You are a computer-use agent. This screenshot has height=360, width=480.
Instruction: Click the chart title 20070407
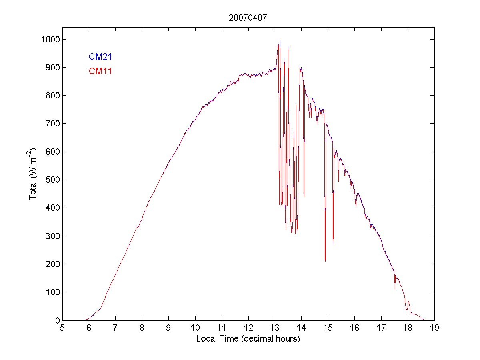coord(248,18)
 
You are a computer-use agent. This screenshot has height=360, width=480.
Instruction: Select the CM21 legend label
coord(100,56)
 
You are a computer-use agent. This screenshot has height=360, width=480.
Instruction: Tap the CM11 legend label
coord(100,71)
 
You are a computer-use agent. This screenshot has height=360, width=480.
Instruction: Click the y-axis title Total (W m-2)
coord(33,174)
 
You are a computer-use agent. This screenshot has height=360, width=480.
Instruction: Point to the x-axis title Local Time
coord(248,339)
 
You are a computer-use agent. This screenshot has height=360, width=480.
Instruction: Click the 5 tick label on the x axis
coord(62,328)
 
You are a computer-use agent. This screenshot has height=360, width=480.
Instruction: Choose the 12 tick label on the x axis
coord(248,328)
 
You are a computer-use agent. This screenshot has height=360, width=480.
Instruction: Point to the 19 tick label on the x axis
coord(434,328)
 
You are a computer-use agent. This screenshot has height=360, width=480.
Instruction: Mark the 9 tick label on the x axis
coord(169,328)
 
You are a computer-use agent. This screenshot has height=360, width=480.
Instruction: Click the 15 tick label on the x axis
coord(328,328)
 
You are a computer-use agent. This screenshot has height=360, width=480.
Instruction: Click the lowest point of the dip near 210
coord(325,261)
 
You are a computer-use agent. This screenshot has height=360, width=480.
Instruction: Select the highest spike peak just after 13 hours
coord(280,41)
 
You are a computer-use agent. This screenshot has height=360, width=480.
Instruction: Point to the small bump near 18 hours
coord(408,302)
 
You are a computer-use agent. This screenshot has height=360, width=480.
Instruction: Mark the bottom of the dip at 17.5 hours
coord(395,289)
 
